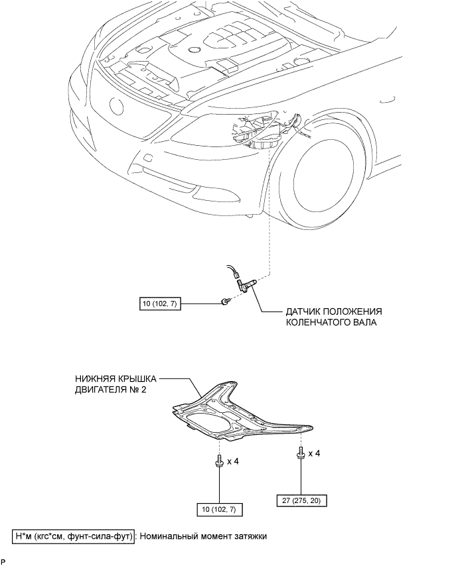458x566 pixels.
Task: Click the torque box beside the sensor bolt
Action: tap(160, 305)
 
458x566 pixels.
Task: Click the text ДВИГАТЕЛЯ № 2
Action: tap(111, 390)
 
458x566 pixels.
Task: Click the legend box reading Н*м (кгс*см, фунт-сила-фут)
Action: tap(74, 536)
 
